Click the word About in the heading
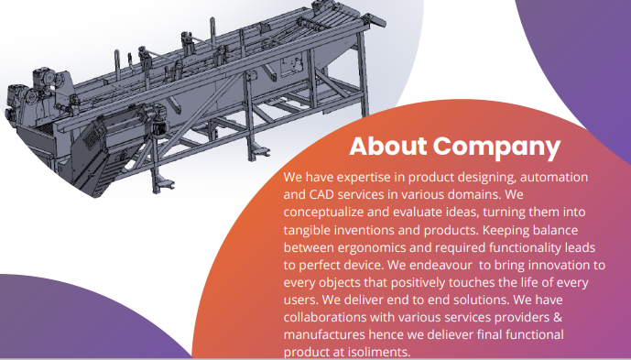388,147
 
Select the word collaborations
332,317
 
